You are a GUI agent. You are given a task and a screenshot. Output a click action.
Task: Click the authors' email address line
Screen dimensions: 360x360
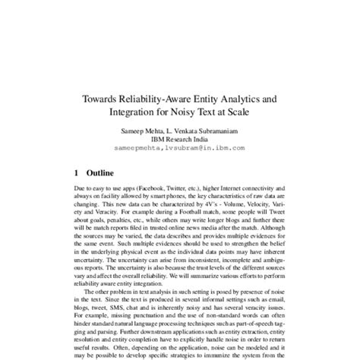tap(180, 148)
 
